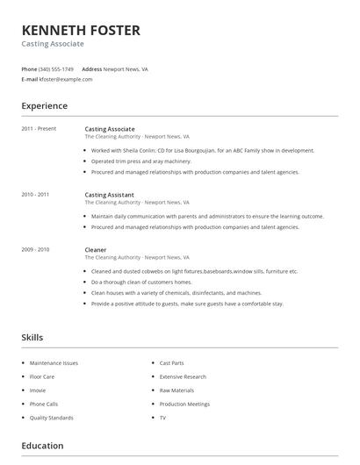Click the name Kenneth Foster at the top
(80, 31)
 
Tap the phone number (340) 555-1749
(57, 68)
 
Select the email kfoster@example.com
(66, 79)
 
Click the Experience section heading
(44, 106)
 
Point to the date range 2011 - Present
(39, 129)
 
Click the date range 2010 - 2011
(35, 194)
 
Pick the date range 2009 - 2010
(35, 249)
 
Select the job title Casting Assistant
(110, 194)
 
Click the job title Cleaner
(95, 249)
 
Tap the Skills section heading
(32, 338)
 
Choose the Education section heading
(42, 446)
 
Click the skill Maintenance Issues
(54, 362)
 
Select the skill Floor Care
(41, 376)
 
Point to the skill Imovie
(38, 390)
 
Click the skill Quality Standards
(51, 418)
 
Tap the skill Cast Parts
(171, 362)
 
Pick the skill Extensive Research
(183, 376)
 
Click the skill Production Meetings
(184, 404)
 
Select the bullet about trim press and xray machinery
(140, 161)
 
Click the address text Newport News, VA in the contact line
(126, 68)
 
